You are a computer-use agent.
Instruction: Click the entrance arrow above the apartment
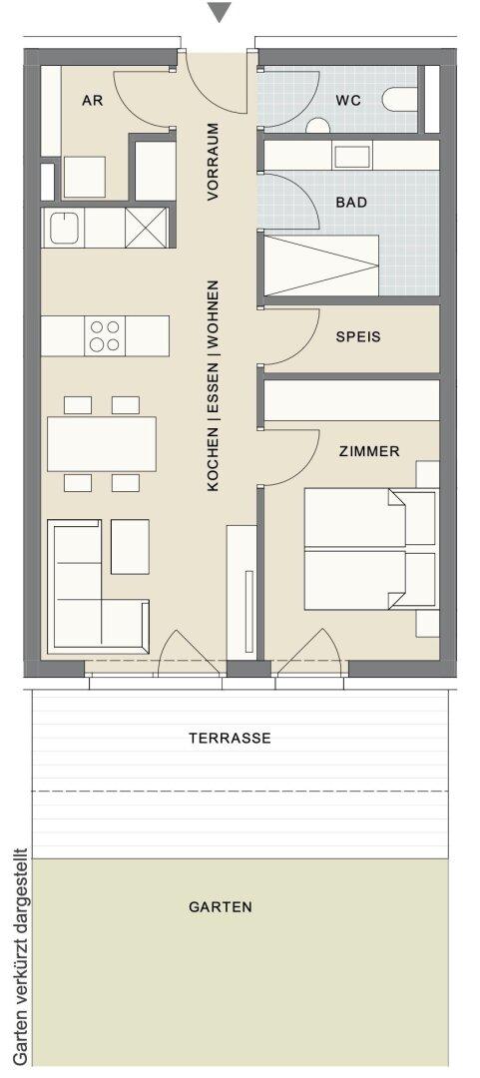click(x=220, y=12)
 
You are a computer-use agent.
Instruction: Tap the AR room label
click(x=92, y=101)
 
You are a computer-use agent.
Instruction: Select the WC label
click(x=348, y=101)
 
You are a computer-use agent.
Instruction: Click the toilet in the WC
click(x=399, y=99)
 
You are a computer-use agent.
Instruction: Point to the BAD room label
click(x=351, y=203)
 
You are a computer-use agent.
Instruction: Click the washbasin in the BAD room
click(x=352, y=156)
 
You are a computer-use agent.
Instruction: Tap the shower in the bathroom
click(x=322, y=265)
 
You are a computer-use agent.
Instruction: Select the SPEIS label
click(x=357, y=337)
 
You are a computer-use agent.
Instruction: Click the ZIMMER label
click(x=369, y=452)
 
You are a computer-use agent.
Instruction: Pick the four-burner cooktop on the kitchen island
click(x=105, y=336)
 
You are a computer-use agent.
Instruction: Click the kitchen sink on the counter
click(x=63, y=227)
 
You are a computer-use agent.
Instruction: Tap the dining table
click(x=101, y=444)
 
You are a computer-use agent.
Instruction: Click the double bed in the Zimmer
click(x=370, y=549)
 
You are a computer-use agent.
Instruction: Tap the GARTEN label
click(x=221, y=907)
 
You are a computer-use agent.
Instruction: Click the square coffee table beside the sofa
click(x=130, y=547)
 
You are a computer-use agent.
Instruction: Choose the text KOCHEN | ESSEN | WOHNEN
click(x=214, y=385)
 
